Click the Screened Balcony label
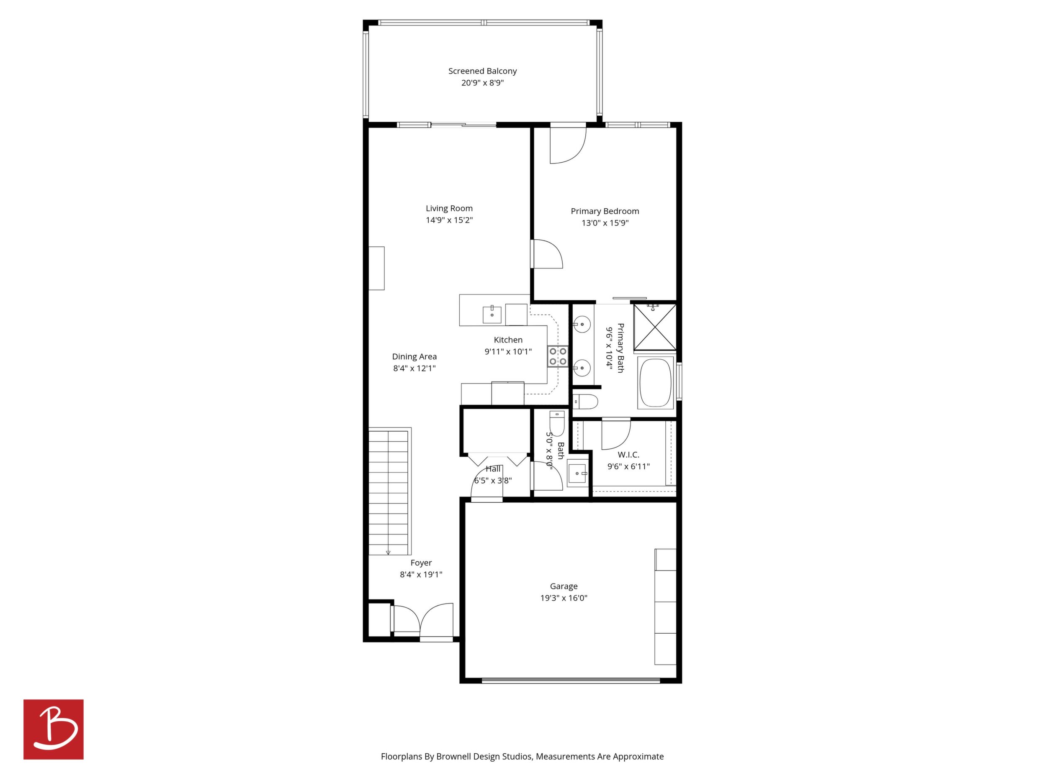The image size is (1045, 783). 482,71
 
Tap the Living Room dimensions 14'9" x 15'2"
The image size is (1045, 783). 449,220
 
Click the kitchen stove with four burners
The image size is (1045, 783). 558,356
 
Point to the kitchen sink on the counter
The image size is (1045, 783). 492,315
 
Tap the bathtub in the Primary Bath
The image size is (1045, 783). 656,382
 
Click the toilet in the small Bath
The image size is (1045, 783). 557,423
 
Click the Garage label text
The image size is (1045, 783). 564,586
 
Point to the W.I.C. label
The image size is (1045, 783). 628,455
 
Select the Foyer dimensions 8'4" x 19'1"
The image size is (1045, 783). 421,574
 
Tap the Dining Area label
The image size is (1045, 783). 414,357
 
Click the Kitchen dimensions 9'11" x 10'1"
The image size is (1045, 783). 508,352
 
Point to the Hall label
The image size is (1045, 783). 493,468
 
